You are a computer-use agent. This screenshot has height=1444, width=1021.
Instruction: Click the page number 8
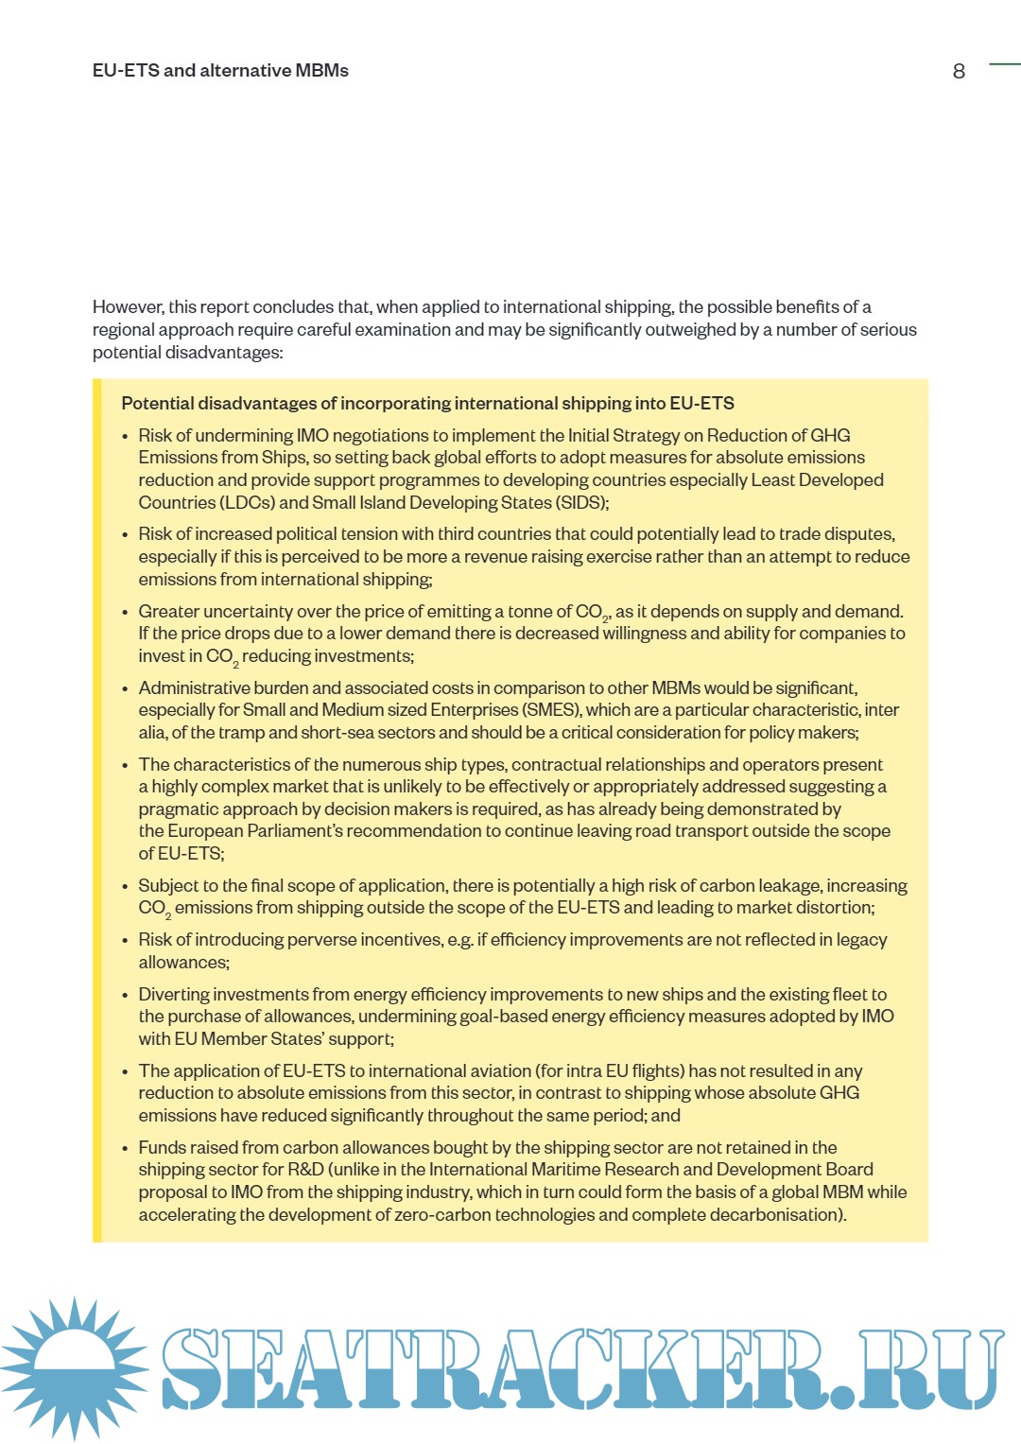point(959,72)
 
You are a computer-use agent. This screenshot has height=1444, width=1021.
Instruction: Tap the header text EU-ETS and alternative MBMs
point(220,71)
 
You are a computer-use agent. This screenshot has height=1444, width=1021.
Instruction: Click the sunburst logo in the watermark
point(73,1366)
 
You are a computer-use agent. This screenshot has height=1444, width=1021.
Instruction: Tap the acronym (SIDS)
point(580,503)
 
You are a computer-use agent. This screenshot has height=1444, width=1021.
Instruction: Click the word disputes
point(858,534)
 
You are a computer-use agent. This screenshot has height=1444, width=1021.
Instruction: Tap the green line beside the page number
point(1004,64)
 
